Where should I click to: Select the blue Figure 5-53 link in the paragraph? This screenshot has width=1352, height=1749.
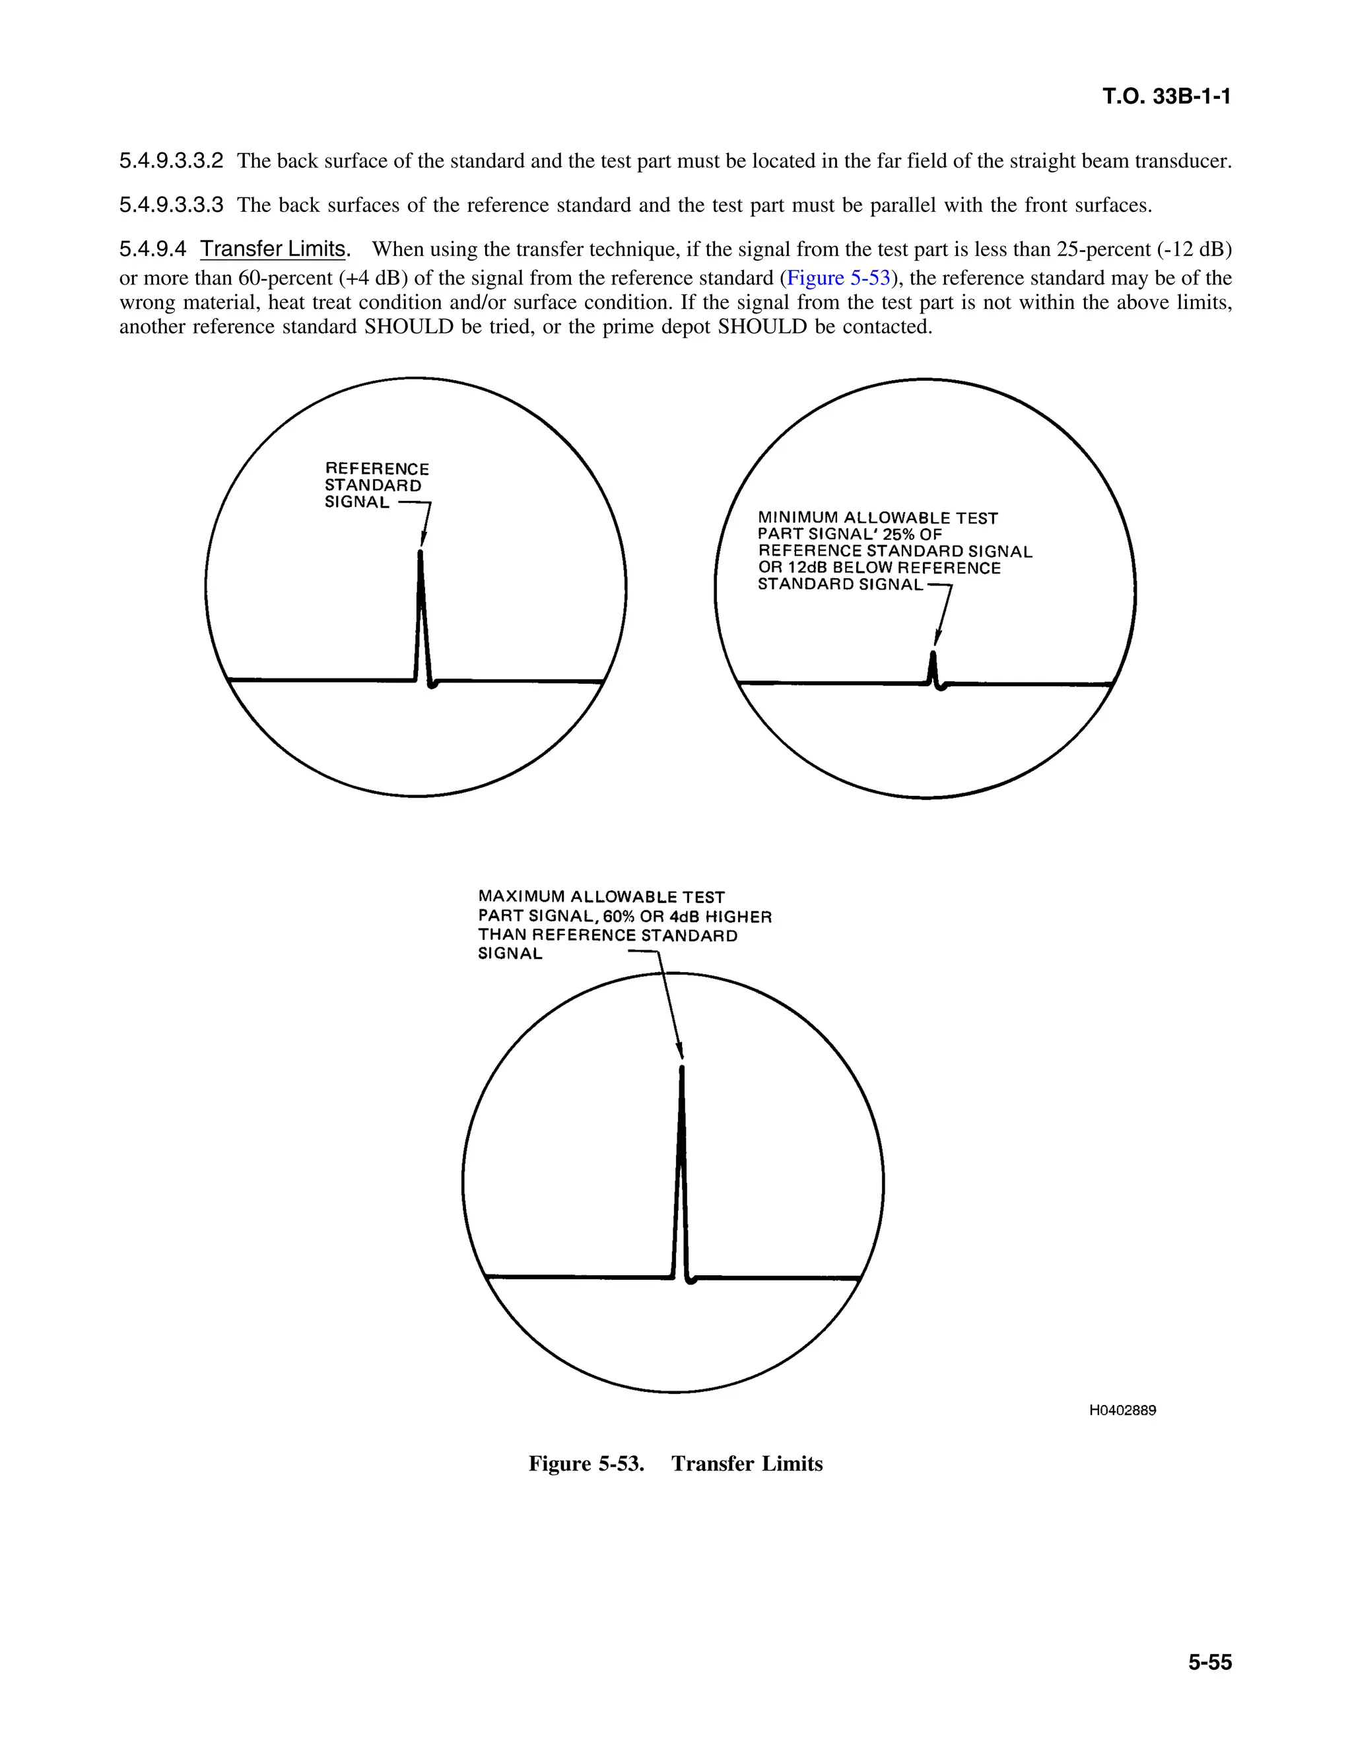[838, 278]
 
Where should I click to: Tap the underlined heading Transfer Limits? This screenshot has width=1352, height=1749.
[273, 249]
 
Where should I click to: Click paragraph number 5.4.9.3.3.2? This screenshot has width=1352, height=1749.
[172, 161]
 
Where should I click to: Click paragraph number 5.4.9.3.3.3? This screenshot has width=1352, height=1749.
[172, 205]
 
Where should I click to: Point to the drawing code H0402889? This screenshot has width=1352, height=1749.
[1122, 1410]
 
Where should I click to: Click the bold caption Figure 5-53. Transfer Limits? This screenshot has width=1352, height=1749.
[675, 1463]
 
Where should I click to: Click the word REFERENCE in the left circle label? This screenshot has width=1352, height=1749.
[376, 469]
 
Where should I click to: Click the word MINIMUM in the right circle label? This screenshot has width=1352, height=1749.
[797, 518]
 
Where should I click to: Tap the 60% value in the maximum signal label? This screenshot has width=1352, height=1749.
[619, 916]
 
